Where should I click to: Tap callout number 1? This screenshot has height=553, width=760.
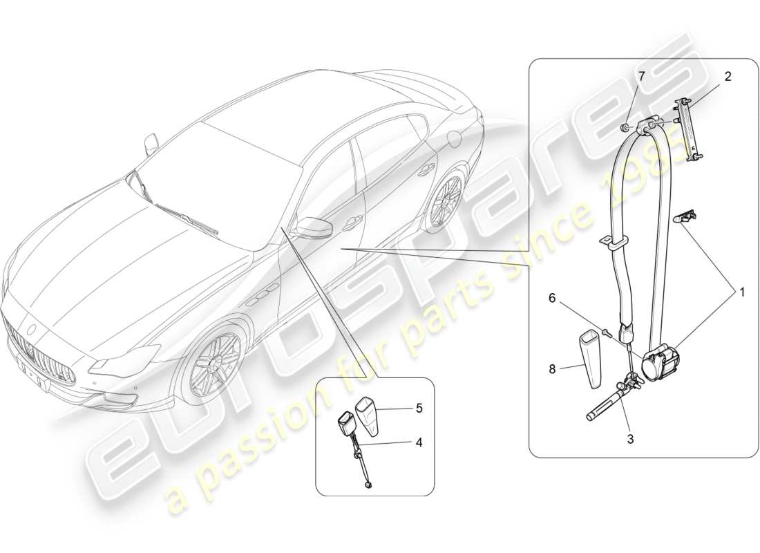point(742,292)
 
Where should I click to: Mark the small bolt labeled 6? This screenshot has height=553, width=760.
point(605,333)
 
